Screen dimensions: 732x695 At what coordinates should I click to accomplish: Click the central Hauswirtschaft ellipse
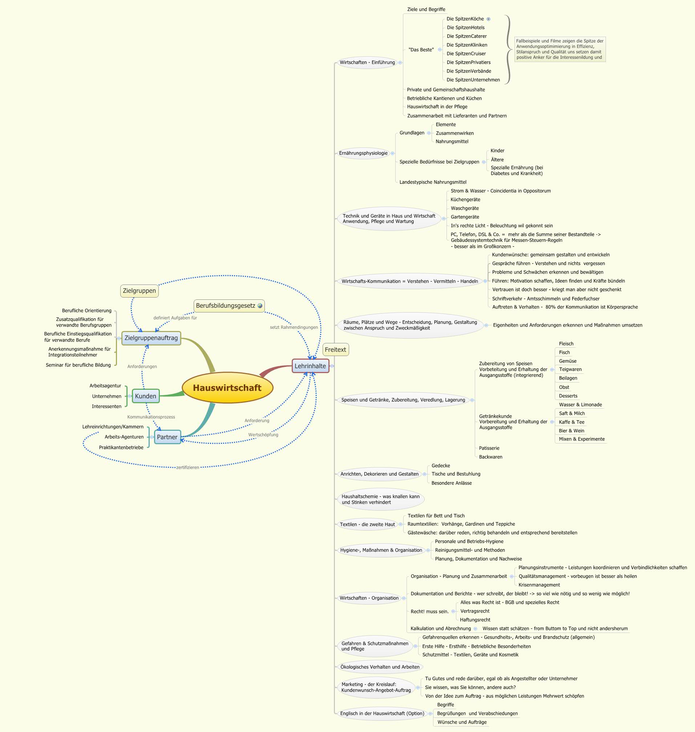point(227,388)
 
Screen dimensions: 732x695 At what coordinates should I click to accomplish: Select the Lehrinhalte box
point(310,366)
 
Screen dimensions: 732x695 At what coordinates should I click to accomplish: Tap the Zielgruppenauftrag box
point(151,338)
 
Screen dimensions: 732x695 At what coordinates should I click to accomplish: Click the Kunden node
point(146,396)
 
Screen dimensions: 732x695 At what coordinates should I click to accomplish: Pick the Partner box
point(167,437)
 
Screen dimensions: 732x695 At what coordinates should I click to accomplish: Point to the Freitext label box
point(335,349)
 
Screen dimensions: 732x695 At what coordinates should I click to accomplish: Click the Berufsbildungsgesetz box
point(226,306)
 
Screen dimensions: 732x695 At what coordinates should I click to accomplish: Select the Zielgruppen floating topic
point(139,290)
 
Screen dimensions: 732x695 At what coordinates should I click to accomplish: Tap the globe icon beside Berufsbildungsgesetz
point(260,306)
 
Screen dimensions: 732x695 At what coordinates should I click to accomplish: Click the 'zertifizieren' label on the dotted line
point(187,467)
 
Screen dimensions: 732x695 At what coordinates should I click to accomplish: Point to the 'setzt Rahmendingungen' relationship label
point(294,327)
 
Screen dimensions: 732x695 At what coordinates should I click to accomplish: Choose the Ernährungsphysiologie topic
point(363,153)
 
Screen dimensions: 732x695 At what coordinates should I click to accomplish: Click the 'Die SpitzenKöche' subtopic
point(465,19)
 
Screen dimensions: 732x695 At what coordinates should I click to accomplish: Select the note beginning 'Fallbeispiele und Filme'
point(560,49)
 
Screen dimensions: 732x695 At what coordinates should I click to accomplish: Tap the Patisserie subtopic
point(489,448)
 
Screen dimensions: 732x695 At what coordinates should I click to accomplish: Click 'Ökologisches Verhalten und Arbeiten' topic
point(380,667)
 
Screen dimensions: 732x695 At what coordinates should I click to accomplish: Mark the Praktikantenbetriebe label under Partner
point(121,447)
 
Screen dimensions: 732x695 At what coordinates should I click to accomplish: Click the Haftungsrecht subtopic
point(475,619)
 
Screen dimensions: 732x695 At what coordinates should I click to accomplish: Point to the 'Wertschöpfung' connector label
point(263,435)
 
